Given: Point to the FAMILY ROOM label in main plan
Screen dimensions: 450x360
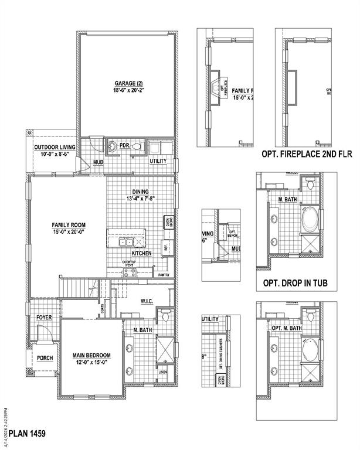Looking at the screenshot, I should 69,224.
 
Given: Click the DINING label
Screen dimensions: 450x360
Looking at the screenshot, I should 140,192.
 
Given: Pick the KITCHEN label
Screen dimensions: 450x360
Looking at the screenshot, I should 141,253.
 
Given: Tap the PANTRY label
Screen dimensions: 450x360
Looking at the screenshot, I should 164,274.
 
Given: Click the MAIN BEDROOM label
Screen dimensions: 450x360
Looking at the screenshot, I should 91,356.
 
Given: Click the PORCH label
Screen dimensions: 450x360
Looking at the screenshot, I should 45,357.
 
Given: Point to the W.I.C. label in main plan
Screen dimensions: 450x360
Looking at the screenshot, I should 147,301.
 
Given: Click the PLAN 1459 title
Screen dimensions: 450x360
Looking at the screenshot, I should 25,434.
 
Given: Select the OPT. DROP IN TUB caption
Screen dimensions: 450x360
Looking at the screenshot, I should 291,284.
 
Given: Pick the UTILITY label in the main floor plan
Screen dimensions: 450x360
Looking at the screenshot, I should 158,161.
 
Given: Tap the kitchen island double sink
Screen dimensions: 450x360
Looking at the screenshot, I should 125,243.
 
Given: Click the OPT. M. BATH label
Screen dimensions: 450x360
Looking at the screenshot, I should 287,328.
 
